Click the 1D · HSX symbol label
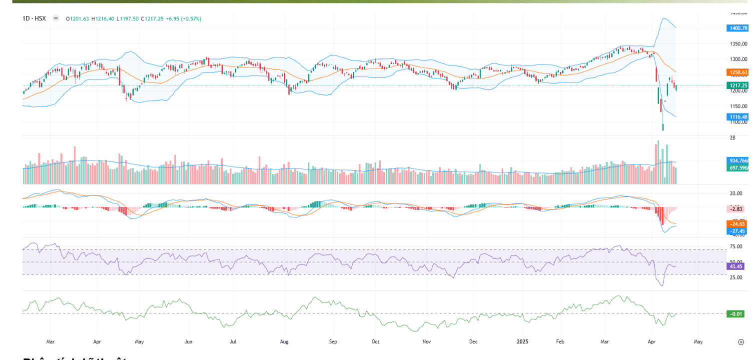(x=34, y=18)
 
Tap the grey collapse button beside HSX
(x=55, y=18)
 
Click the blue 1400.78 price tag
(x=738, y=28)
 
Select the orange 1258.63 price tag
(x=738, y=72)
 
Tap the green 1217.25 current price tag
(x=738, y=85)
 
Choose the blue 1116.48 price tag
(x=738, y=116)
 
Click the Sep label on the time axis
(x=333, y=342)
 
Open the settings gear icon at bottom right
(x=741, y=342)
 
